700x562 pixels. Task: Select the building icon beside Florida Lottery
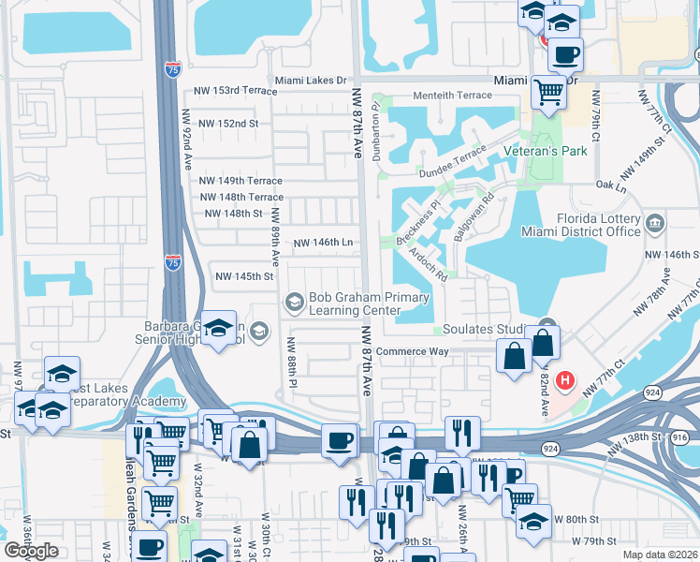655,223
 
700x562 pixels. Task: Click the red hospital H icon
565,381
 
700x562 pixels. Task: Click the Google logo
31,551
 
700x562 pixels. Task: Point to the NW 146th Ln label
323,243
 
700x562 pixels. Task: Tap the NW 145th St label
244,276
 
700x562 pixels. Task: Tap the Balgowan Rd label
474,217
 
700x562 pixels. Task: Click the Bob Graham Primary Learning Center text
369,304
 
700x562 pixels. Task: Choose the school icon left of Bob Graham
294,301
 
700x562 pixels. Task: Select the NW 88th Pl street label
292,361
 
